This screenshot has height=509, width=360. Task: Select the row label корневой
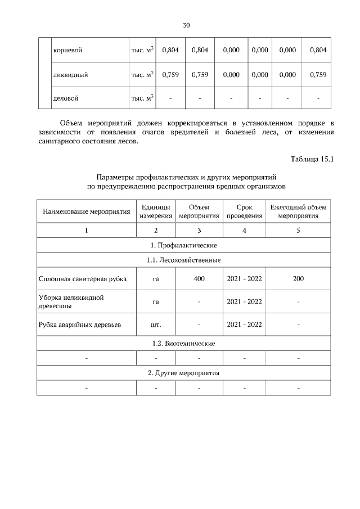(x=68, y=50)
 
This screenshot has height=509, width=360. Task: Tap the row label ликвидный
(x=70, y=74)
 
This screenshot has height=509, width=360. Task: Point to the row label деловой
(x=65, y=98)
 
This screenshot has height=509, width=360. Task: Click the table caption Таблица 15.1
(x=312, y=159)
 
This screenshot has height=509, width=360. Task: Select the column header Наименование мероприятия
(x=86, y=211)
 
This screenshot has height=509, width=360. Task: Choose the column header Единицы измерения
(x=156, y=211)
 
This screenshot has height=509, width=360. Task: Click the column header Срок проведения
(x=244, y=211)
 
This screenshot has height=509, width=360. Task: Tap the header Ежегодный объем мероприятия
(x=298, y=211)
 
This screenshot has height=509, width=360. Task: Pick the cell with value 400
(x=199, y=278)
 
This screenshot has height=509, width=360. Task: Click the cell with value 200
(x=298, y=278)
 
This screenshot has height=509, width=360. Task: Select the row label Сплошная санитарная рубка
(x=83, y=278)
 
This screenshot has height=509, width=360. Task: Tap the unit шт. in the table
(x=156, y=325)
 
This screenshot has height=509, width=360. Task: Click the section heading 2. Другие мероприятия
(x=183, y=373)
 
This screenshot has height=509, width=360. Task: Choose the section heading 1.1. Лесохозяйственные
(x=183, y=260)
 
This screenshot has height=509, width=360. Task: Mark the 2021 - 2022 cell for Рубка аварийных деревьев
(x=244, y=325)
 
